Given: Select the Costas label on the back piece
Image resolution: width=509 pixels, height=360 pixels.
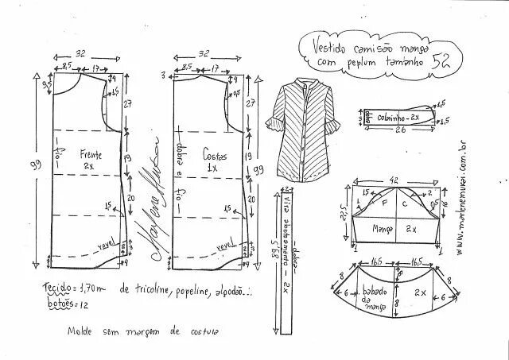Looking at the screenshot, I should tap(216, 157).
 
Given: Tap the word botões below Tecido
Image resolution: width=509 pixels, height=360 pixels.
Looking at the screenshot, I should tap(59, 302).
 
